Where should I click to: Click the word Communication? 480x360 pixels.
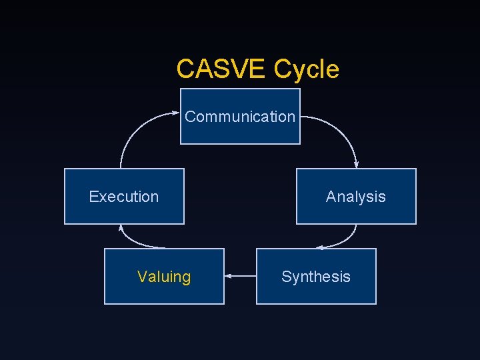click(240, 117)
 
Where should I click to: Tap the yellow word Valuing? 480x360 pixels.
click(164, 277)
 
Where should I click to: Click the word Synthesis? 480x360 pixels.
click(316, 277)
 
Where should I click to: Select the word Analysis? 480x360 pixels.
click(356, 197)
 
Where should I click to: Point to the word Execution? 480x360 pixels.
click(124, 197)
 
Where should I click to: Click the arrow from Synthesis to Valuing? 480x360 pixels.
click(241, 275)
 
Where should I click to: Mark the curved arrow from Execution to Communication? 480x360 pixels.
click(133, 130)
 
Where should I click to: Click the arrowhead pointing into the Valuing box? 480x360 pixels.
click(228, 275)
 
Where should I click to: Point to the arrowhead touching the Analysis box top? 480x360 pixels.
click(357, 165)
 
